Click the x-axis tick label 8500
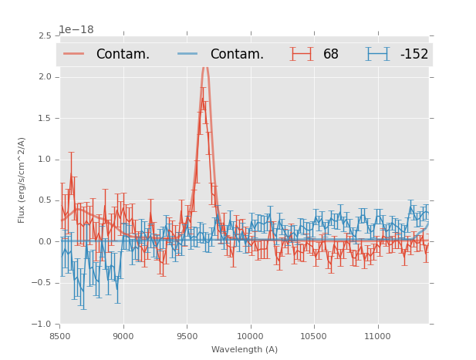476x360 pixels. click(60, 336)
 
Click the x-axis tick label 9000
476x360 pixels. click(123, 336)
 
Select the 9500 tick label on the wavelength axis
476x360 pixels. click(187, 336)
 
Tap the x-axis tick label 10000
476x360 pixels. click(250, 336)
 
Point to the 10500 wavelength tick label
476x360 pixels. click(313, 336)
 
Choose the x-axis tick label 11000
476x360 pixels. click(376, 336)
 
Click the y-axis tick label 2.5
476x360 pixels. click(45, 36)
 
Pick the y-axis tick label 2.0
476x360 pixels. click(45, 77)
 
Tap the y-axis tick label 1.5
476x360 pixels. click(45, 118)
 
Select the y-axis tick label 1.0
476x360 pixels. click(45, 160)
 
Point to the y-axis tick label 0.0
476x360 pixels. click(45, 242)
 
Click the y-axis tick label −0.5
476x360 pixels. click(42, 283)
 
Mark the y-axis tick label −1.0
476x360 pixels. click(42, 325)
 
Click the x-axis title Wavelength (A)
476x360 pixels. click(245, 350)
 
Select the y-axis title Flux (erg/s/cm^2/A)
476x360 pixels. click(22, 180)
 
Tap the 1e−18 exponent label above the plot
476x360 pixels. click(76, 30)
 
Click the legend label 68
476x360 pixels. click(331, 55)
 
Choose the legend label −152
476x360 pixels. click(414, 55)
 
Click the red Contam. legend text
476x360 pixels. click(123, 55)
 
